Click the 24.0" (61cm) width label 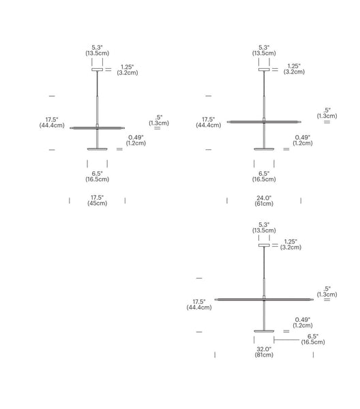coord(264,201)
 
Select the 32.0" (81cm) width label coord(264,352)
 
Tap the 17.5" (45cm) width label coord(97,200)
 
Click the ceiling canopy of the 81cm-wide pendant coord(264,245)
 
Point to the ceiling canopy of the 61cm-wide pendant coord(264,70)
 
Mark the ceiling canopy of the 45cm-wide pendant coord(97,70)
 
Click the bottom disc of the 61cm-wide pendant coord(264,149)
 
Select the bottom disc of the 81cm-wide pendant coord(264,331)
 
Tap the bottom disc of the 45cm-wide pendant coord(97,149)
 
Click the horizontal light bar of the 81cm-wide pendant coord(264,300)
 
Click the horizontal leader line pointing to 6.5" coord(286,339)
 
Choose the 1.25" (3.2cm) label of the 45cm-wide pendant coord(127,70)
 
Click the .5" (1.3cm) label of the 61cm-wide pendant coord(327,113)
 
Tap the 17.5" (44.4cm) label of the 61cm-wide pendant coord(208,122)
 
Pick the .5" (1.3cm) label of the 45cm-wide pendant coord(159,120)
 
